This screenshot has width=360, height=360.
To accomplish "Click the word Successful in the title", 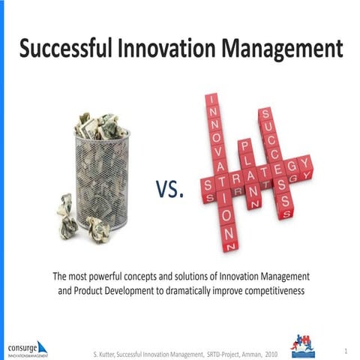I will coord(66,49).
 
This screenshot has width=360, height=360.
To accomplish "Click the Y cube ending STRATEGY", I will coord(304,163).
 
